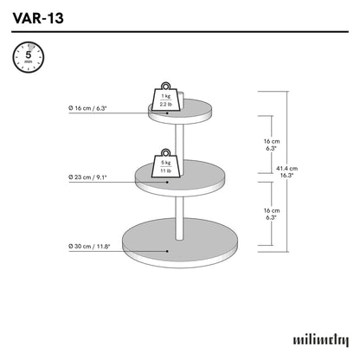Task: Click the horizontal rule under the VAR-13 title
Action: click(x=180, y=33)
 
